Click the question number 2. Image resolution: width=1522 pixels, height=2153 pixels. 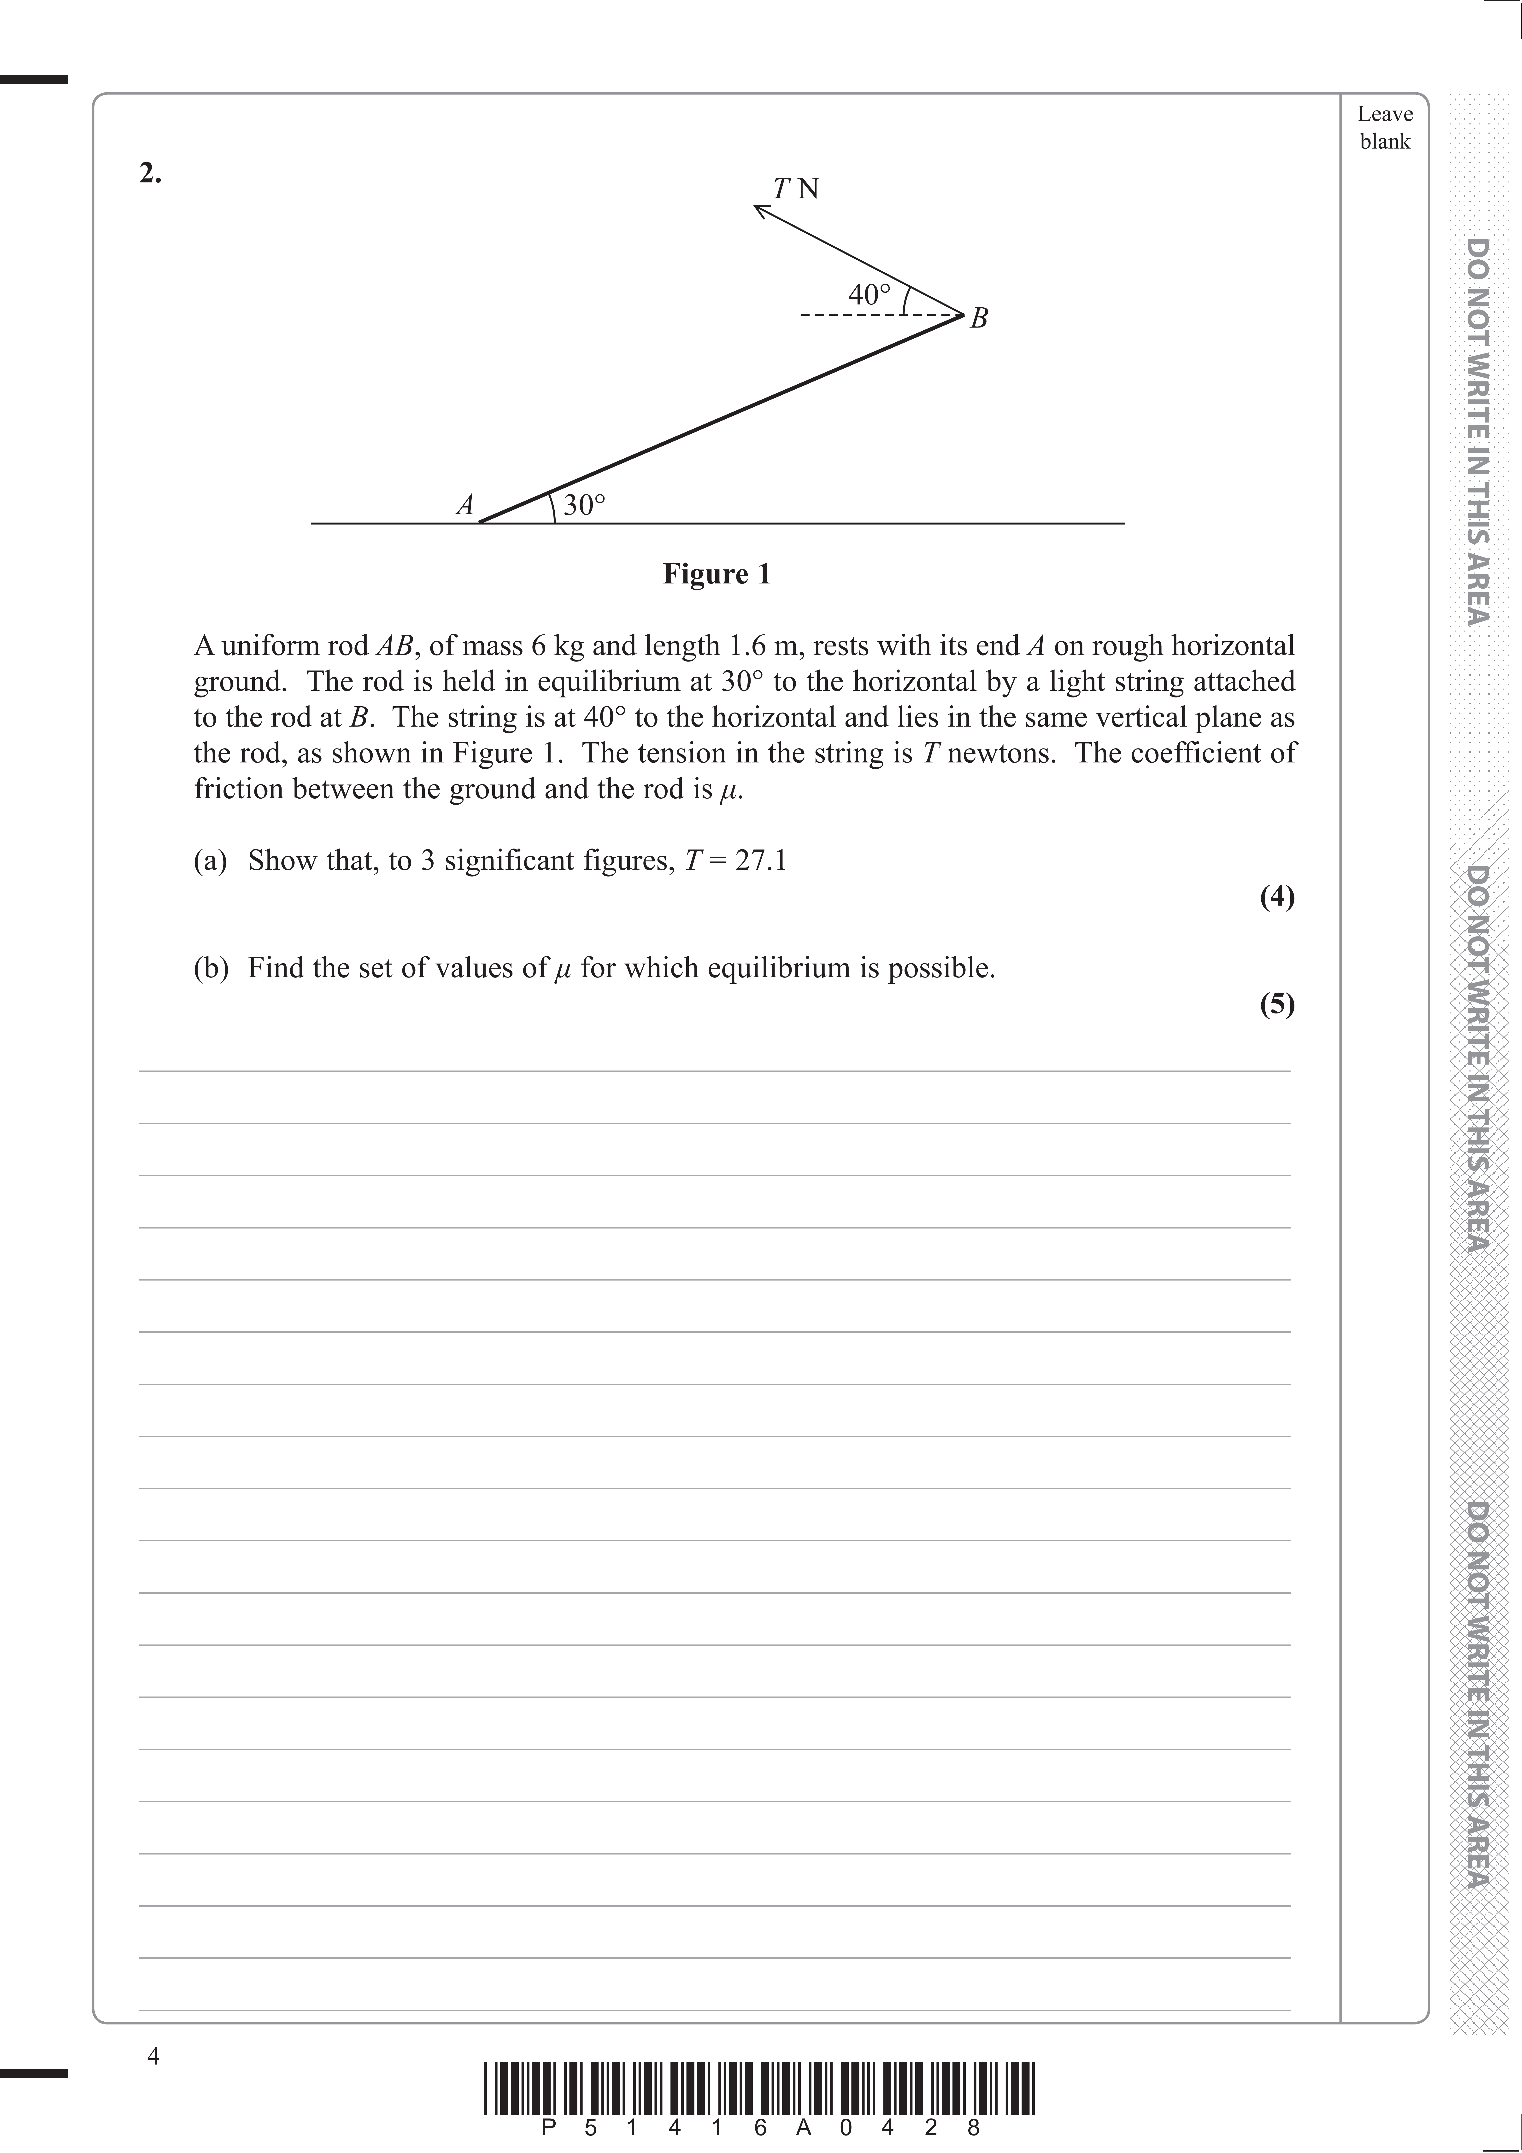(x=150, y=174)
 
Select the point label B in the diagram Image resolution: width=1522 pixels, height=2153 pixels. (x=978, y=319)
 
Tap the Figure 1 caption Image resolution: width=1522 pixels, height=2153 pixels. (x=717, y=574)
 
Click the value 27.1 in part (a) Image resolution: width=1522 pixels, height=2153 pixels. (x=761, y=860)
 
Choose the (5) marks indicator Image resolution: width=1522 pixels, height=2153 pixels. (x=1276, y=1004)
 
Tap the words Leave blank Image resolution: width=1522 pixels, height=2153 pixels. (x=1384, y=128)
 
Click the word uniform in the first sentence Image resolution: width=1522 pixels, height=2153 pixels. (x=265, y=646)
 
